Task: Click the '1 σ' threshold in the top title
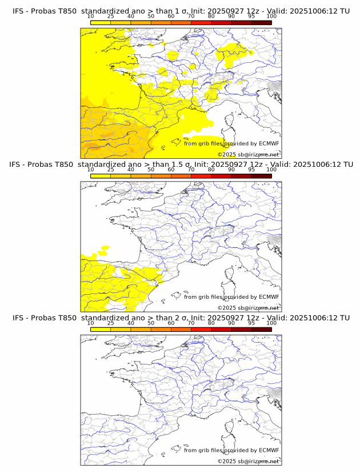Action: coord(184,11)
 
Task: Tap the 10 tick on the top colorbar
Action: coord(91,16)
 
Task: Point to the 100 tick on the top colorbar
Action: coord(271,16)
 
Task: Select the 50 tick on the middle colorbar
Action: coord(151,170)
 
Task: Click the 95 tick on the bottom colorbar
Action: coord(251,323)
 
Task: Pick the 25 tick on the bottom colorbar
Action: coord(111,323)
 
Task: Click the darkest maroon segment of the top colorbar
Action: coord(261,22)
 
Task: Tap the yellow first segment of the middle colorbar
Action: coord(101,176)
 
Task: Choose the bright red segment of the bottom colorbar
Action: coord(201,329)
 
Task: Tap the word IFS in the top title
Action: coord(19,11)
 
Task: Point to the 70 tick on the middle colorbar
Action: coord(191,170)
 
